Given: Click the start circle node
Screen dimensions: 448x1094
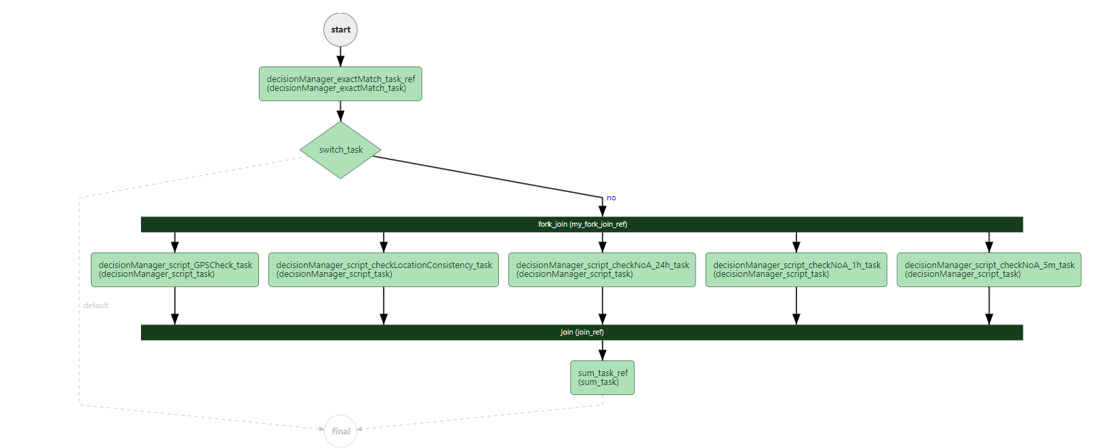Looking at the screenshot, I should click(340, 30).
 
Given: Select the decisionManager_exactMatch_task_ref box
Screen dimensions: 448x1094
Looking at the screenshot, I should click(340, 83).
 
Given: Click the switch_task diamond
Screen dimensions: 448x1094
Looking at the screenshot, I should click(340, 150).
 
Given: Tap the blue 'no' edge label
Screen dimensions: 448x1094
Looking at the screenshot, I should click(611, 198).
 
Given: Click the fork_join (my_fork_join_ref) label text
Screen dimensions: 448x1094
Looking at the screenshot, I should click(582, 224).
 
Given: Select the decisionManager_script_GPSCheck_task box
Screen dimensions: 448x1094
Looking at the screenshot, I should click(175, 269).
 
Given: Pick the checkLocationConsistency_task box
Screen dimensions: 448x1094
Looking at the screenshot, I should click(384, 269).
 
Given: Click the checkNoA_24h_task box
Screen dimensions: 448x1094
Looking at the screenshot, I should click(602, 269).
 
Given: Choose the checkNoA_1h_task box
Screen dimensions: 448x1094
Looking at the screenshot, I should click(796, 269).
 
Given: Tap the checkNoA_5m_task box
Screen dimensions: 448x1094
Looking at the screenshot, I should click(989, 269).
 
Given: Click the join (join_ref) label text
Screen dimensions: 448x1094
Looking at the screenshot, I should click(582, 332).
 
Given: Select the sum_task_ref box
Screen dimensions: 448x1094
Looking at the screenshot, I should click(603, 377).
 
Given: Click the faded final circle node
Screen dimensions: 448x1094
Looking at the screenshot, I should click(340, 431).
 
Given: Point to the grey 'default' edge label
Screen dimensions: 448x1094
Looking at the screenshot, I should click(96, 305).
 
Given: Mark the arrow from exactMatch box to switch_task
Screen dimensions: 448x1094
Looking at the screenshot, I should click(340, 111).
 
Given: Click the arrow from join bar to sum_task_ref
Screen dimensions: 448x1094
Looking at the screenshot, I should click(603, 350).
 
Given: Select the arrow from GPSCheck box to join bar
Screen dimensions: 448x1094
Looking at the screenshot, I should click(175, 305).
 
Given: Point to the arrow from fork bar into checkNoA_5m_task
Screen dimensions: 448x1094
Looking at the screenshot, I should click(989, 242).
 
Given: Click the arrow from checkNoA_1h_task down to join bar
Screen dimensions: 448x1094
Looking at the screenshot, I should click(796, 305).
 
